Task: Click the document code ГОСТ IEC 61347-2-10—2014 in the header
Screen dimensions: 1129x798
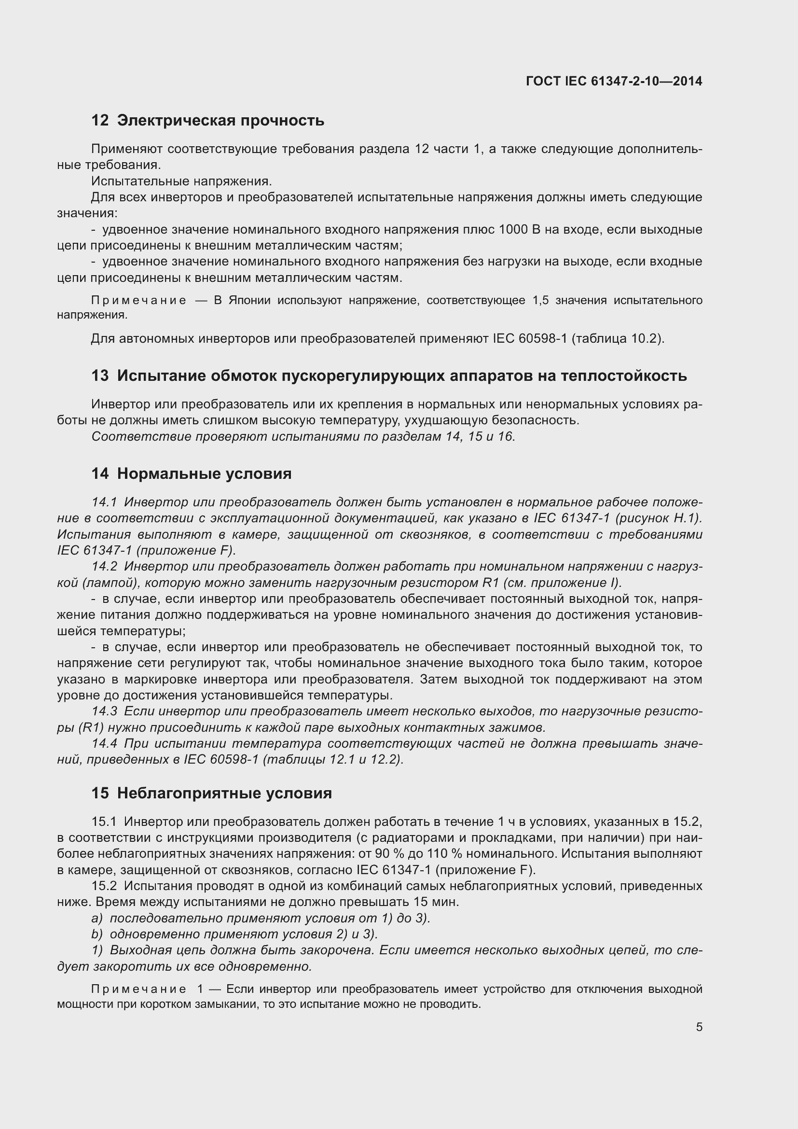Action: click(614, 81)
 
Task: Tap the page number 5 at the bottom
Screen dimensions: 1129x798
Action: click(699, 1027)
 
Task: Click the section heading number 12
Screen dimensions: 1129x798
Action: click(100, 121)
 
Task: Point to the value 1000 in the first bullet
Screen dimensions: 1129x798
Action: click(514, 230)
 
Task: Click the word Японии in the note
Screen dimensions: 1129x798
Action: click(249, 300)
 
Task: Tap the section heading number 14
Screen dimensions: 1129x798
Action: click(100, 474)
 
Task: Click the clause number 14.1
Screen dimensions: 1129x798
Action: click(104, 502)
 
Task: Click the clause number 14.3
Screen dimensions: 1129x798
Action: click(104, 711)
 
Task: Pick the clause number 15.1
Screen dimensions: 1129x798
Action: click(104, 822)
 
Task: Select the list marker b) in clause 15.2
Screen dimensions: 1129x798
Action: click(97, 934)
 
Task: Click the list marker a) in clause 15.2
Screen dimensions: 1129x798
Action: click(97, 918)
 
